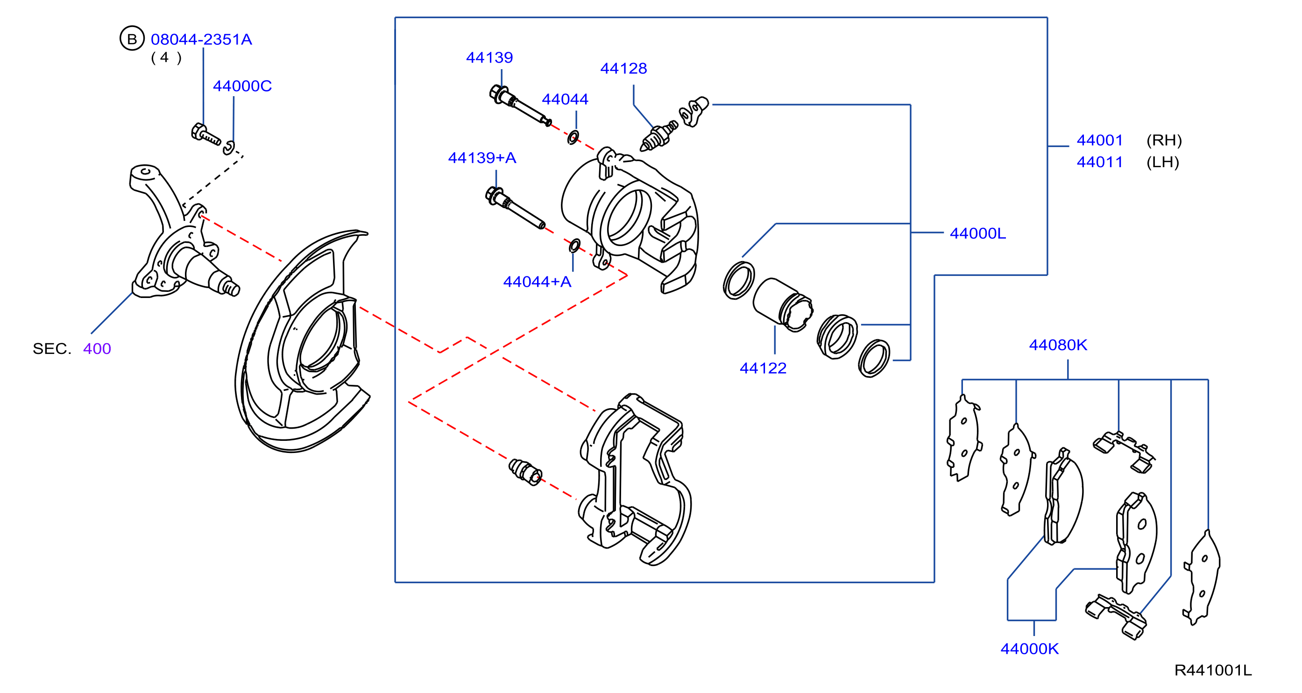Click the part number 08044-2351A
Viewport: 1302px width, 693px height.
tap(201, 39)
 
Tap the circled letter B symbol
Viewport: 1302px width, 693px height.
tap(132, 38)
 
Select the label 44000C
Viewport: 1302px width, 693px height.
tap(242, 86)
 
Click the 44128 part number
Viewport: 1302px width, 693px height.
tap(623, 68)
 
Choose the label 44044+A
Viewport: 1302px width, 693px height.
tap(537, 282)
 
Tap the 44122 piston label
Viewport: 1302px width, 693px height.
tap(763, 368)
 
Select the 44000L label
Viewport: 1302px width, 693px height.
tap(977, 233)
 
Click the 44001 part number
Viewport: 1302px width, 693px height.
tap(1099, 140)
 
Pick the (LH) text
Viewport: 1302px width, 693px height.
tap(1162, 162)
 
